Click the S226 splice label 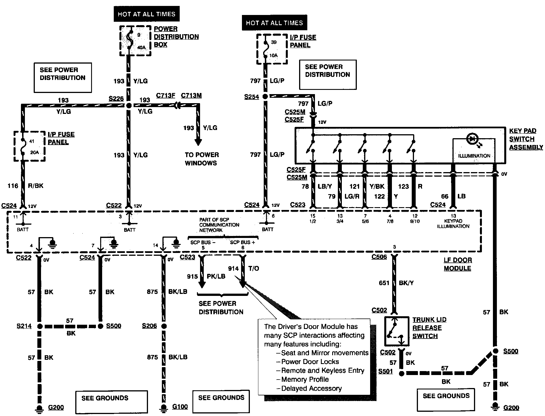pyautogui.click(x=116, y=99)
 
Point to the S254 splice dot pyautogui.click(x=265, y=97)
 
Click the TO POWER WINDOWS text pyautogui.click(x=202, y=159)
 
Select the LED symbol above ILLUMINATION pyautogui.click(x=472, y=139)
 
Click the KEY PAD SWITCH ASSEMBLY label pyautogui.click(x=526, y=139)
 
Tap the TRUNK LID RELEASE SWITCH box pyautogui.click(x=397, y=331)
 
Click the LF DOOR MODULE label pyautogui.click(x=458, y=264)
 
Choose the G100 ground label pyautogui.click(x=180, y=407)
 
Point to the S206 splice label pyautogui.click(x=149, y=326)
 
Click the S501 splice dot pyautogui.click(x=401, y=373)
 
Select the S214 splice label pyautogui.click(x=24, y=326)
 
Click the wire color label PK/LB pyautogui.click(x=216, y=276)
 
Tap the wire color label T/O pyautogui.click(x=254, y=268)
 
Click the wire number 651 pyautogui.click(x=384, y=283)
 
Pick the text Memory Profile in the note pyautogui.click(x=305, y=379)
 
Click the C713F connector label pyautogui.click(x=166, y=96)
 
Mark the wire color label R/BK pyautogui.click(x=35, y=186)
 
